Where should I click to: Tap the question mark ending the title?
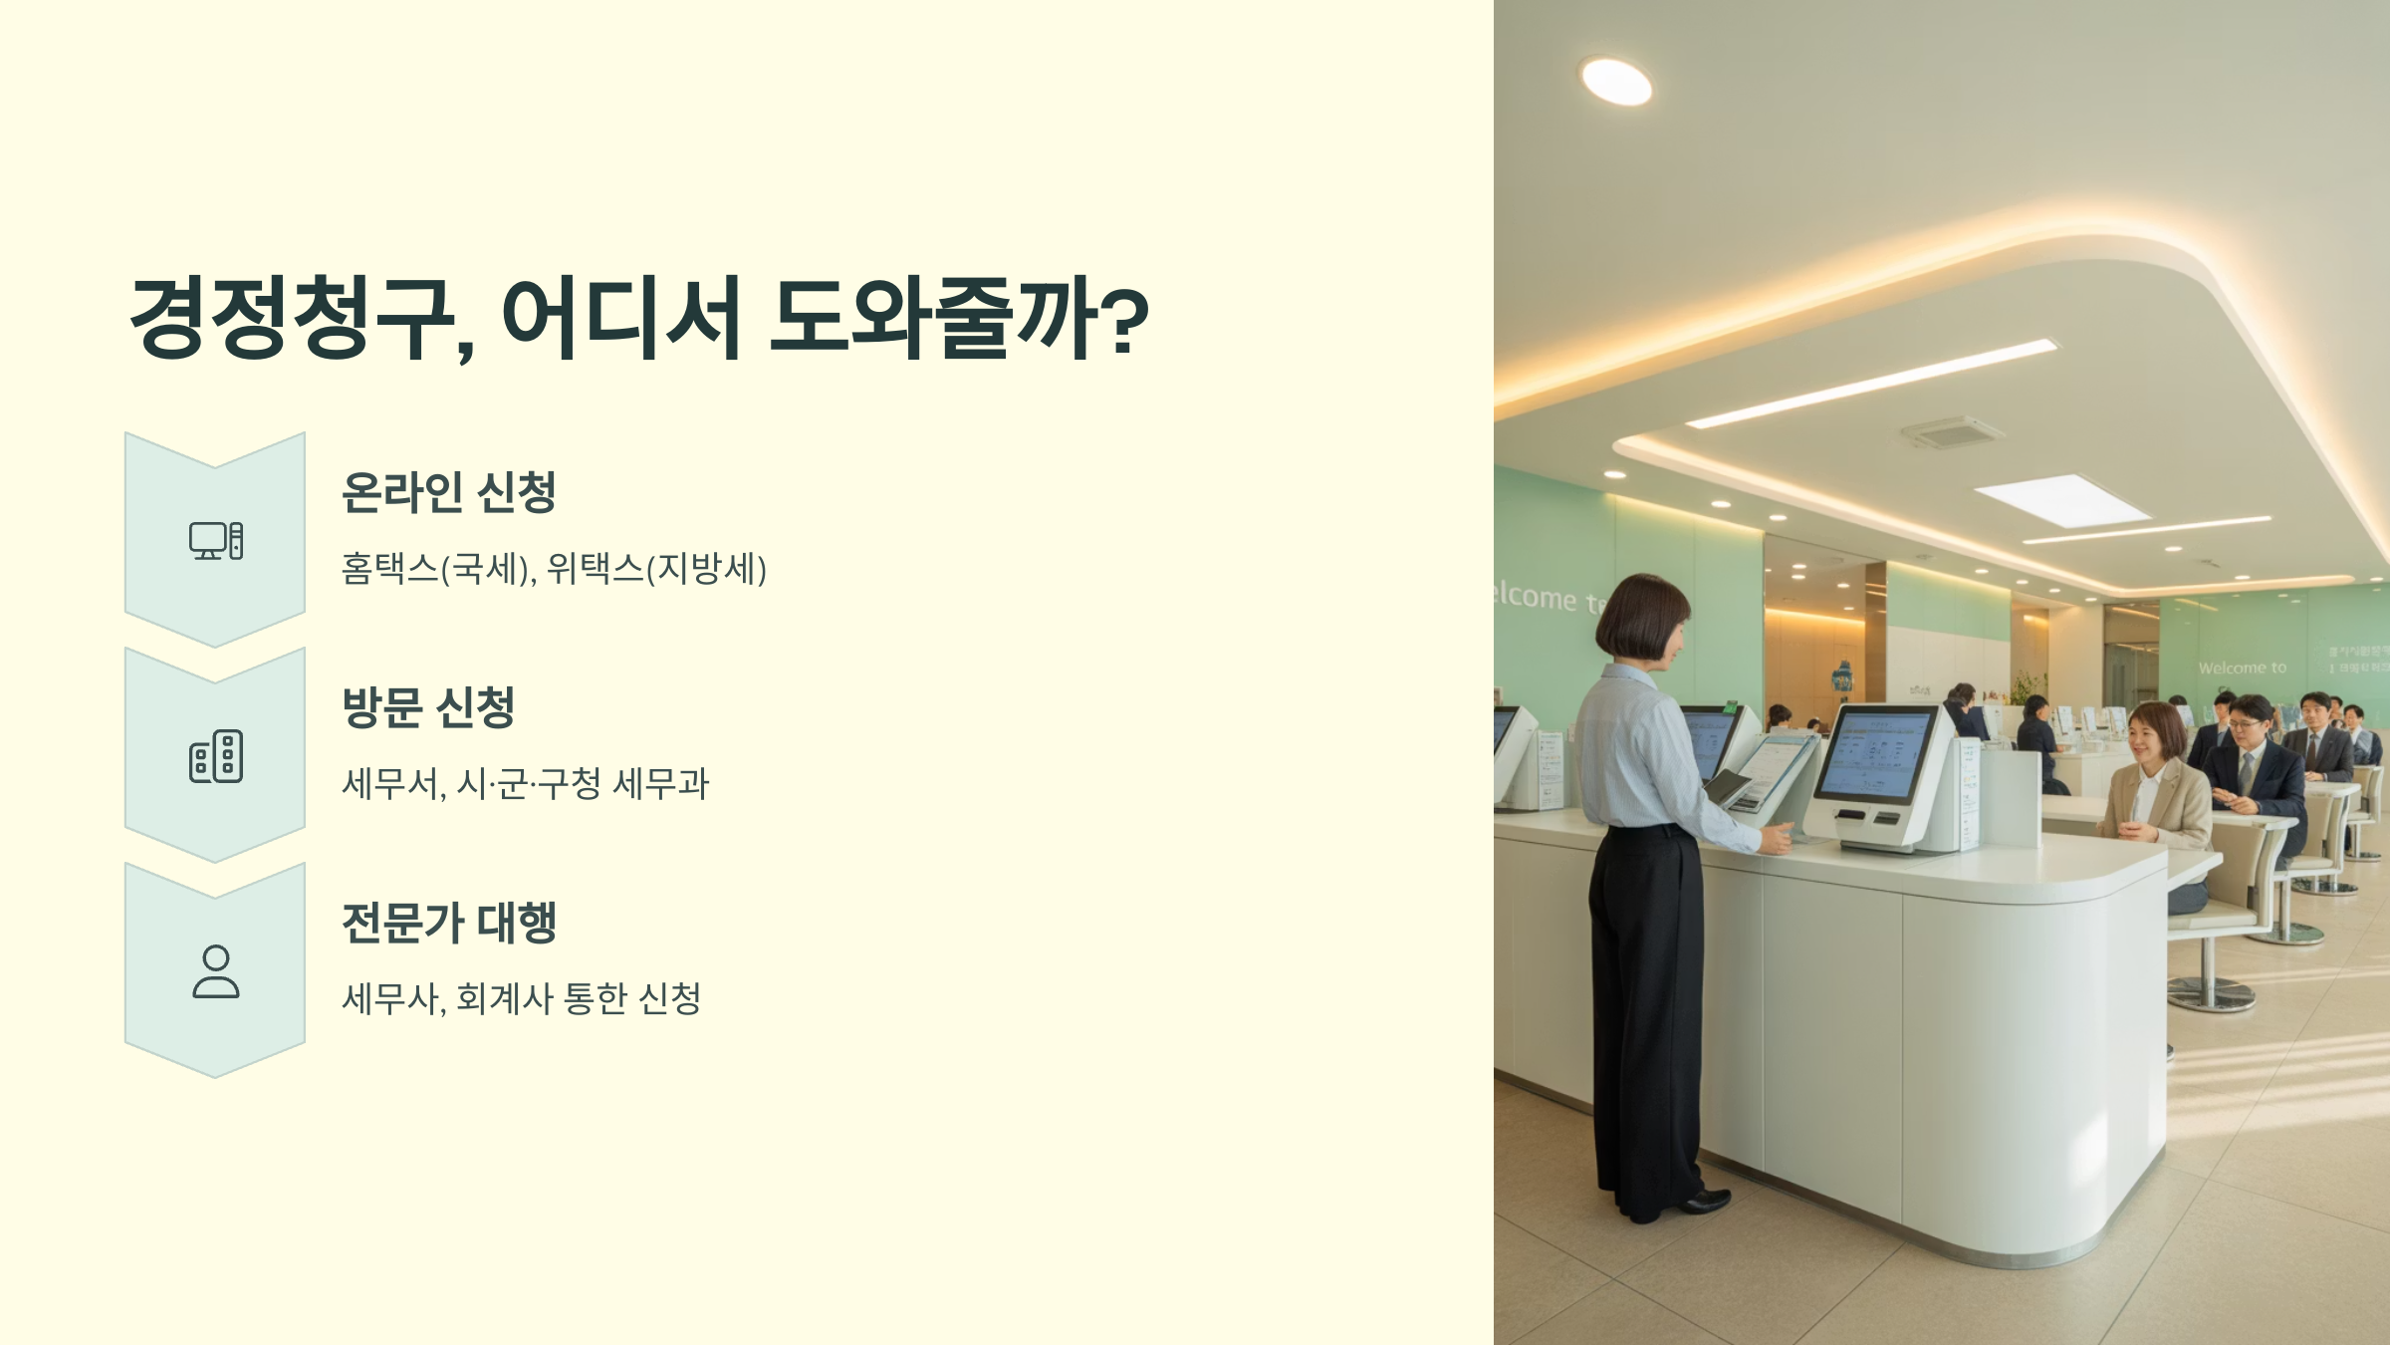(1125, 319)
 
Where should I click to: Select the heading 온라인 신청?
(448, 492)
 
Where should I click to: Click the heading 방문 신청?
(428, 707)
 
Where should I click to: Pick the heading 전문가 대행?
(448, 923)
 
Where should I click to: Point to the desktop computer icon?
(216, 541)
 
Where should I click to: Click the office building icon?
(216, 756)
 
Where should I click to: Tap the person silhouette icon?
(216, 971)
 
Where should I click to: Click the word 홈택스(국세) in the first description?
(434, 569)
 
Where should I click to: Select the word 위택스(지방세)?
(657, 569)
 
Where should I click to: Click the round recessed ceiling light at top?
(1616, 81)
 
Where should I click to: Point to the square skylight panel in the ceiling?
(2061, 500)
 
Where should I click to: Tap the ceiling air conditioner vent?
(1952, 432)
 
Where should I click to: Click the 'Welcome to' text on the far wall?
(2243, 668)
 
